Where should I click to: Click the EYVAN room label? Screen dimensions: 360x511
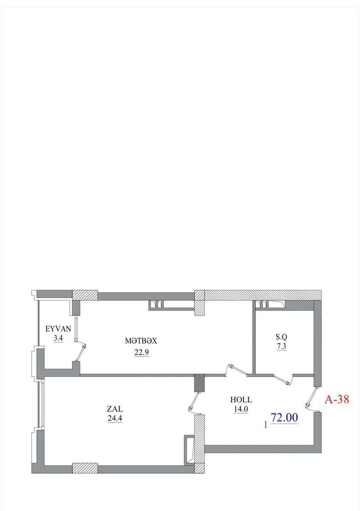[58, 329]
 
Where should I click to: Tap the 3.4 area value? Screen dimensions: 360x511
[58, 338]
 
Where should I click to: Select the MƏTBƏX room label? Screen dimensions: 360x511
[141, 341]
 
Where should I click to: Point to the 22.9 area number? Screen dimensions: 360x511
[142, 353]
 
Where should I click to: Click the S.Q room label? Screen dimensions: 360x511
[281, 337]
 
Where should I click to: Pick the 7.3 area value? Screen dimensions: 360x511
[282, 346]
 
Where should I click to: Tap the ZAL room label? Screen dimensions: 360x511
[115, 408]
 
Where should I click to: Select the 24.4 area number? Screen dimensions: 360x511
[115, 418]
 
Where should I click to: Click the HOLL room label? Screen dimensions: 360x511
[241, 400]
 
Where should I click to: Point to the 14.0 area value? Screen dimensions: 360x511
[241, 409]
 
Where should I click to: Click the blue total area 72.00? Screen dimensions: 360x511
[284, 417]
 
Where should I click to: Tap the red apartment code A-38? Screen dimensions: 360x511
[337, 399]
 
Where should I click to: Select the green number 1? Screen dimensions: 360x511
[266, 424]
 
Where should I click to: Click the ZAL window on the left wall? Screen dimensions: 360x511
[43, 405]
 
